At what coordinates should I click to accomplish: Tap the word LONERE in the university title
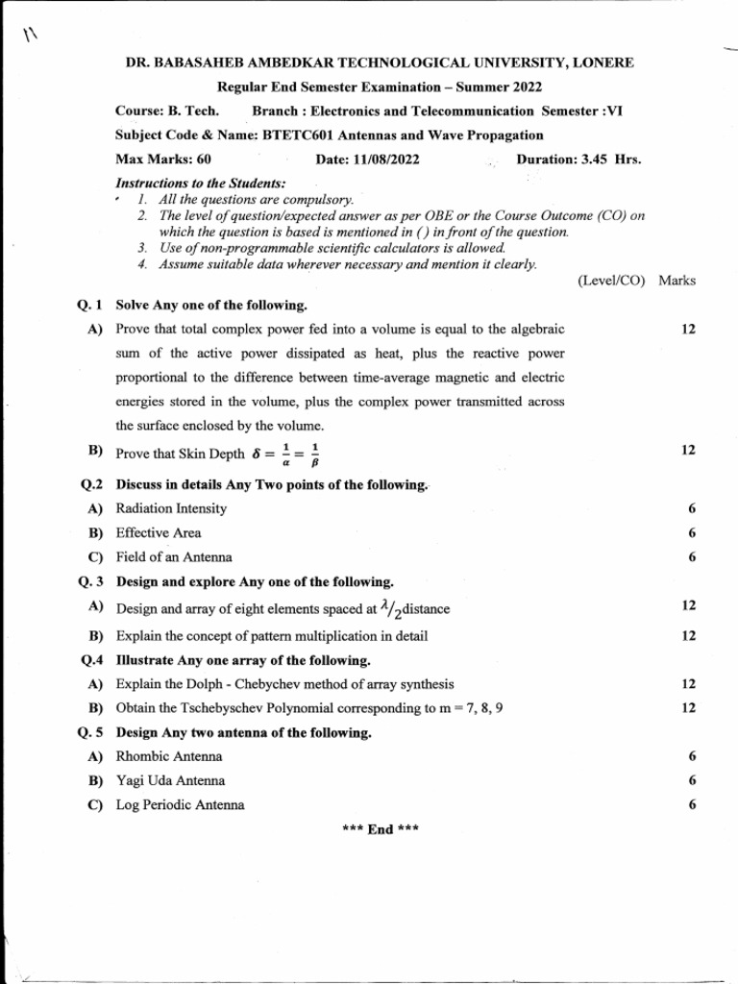[x=601, y=63]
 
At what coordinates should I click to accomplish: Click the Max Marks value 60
[x=203, y=160]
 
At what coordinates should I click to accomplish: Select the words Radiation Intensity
[x=171, y=508]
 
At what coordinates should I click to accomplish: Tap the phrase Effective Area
[x=159, y=532]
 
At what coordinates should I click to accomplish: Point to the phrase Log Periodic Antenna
[x=180, y=805]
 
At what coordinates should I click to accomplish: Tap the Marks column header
[x=677, y=281]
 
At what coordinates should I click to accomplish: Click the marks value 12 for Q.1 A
[x=688, y=330]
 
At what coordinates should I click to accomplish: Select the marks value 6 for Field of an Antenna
[x=692, y=556]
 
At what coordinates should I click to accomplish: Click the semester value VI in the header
[x=614, y=111]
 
